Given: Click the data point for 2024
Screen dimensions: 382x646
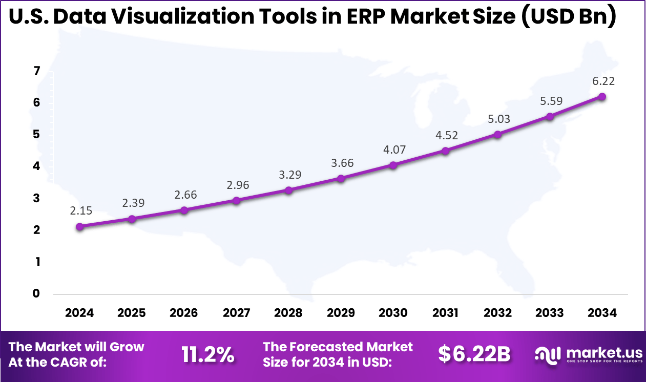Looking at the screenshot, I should pos(79,226).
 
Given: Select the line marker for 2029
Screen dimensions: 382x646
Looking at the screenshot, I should pos(341,178).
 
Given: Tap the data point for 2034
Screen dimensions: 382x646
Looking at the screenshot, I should pos(602,97).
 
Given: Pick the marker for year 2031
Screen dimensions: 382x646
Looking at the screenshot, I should pos(445,151).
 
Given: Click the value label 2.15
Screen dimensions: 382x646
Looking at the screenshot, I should pos(81,210).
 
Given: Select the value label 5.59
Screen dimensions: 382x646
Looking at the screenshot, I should pos(551,100).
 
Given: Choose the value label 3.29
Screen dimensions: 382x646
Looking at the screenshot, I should pos(290,174).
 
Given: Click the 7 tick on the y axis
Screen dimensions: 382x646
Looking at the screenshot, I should pos(36,71).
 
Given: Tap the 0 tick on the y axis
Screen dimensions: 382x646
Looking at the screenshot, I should pos(36,294).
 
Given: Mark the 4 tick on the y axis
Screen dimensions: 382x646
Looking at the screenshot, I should pos(36,166).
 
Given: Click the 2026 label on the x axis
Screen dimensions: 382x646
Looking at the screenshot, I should pos(184,313).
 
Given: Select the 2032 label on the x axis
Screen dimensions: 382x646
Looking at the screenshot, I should pos(497,313).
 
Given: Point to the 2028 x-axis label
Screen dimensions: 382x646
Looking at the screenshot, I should pos(288,313).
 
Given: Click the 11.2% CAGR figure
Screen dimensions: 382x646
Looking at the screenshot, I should pos(208,354).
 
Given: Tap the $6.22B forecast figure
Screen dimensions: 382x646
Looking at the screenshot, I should pos(474,354).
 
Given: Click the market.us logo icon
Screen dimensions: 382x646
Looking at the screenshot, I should pos(547,354).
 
